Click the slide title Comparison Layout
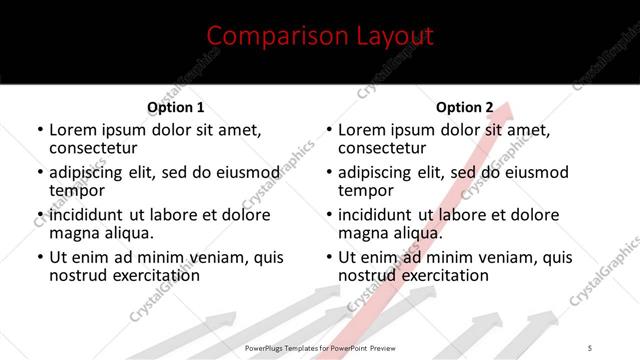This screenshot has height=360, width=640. point(320,37)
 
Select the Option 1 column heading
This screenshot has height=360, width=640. point(176,107)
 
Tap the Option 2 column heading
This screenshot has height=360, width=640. point(465,107)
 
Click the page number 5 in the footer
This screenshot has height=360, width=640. point(590,347)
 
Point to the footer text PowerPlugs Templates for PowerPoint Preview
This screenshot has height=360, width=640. point(321,347)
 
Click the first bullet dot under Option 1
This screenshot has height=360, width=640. point(40,131)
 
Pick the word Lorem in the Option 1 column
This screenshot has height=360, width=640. point(72,129)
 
